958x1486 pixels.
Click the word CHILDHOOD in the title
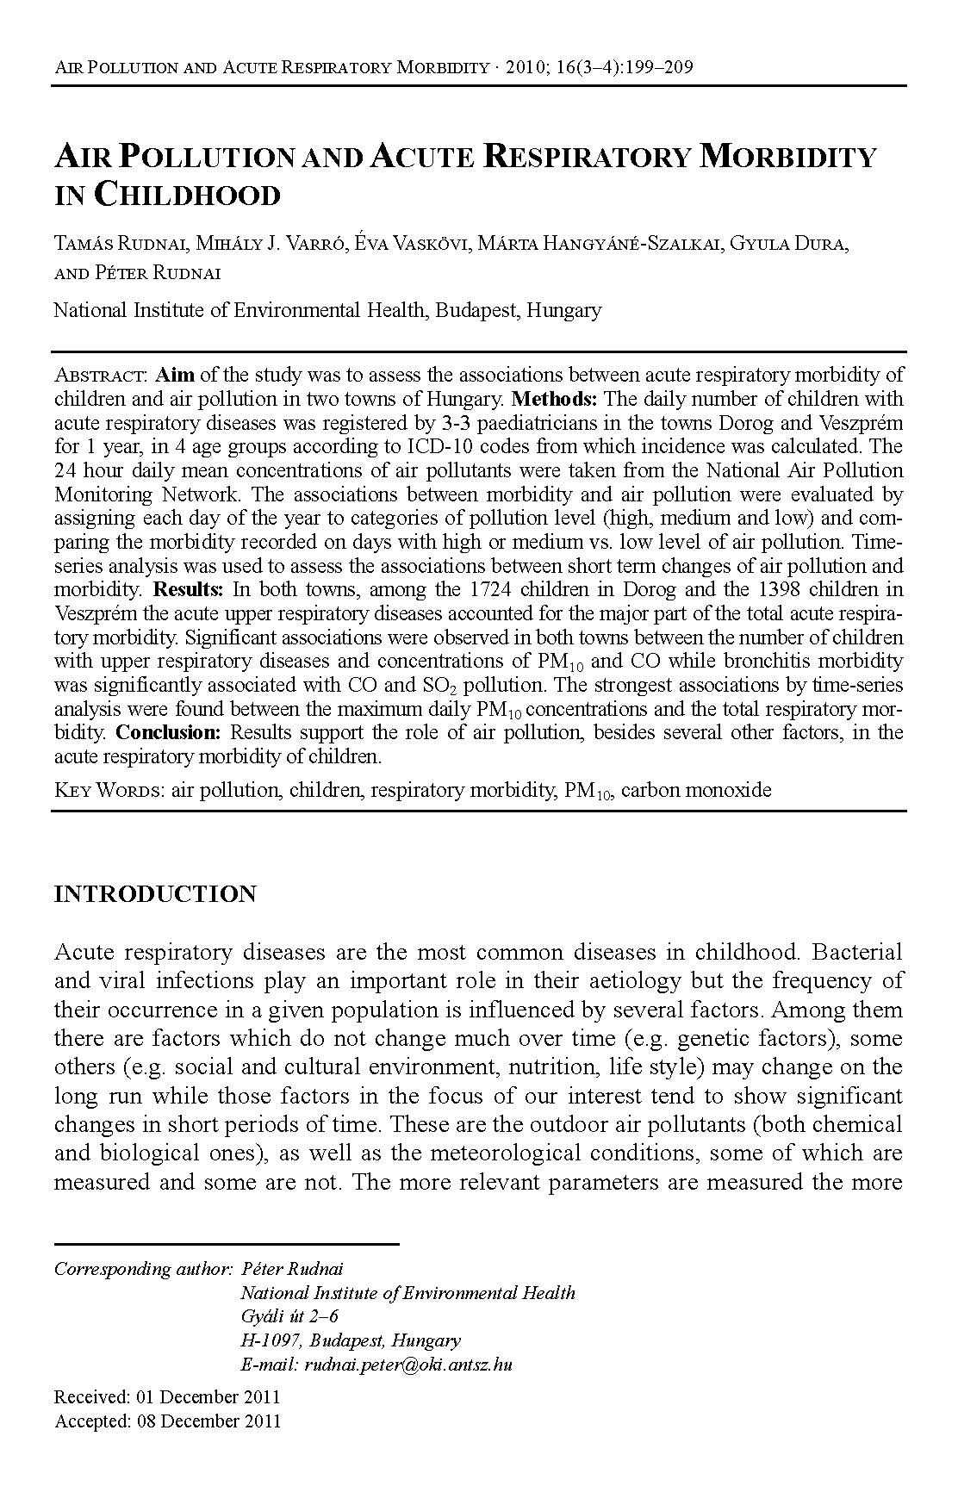point(186,196)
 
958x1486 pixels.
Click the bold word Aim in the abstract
point(175,376)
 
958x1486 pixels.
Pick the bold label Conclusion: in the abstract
point(169,733)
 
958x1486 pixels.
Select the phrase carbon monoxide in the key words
point(696,790)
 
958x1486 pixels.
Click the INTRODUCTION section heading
point(155,894)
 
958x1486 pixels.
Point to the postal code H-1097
point(270,1340)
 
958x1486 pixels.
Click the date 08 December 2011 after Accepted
point(208,1421)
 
